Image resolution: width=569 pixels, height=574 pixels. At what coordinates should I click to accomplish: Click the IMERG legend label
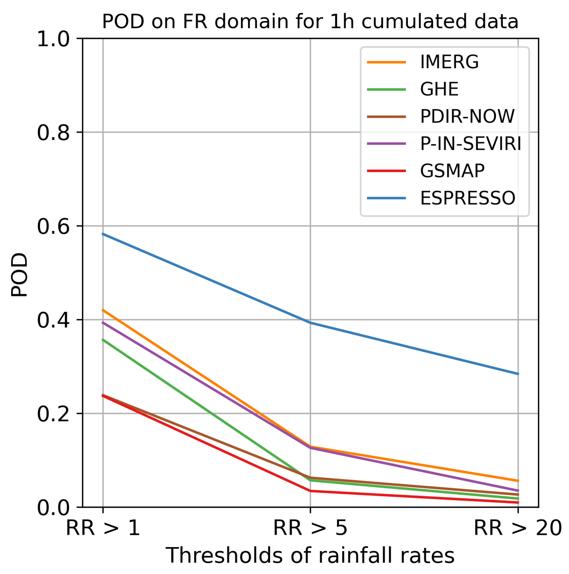click(x=449, y=62)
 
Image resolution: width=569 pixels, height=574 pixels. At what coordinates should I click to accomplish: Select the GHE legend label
click(x=439, y=89)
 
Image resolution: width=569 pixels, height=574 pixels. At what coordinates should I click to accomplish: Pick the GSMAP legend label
click(x=452, y=171)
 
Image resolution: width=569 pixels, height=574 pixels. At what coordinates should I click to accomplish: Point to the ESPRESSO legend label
click(x=467, y=198)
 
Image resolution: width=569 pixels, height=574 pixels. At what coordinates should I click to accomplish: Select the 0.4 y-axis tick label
click(x=53, y=320)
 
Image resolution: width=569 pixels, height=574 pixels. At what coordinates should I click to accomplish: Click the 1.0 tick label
click(x=53, y=39)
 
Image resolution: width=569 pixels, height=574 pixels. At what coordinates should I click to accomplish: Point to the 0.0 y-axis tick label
click(x=53, y=508)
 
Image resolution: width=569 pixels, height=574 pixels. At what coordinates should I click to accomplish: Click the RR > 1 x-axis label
click(x=103, y=528)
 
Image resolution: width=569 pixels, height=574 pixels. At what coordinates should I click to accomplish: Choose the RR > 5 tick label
click(x=310, y=528)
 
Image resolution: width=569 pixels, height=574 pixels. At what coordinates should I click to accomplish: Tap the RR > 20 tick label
click(x=518, y=528)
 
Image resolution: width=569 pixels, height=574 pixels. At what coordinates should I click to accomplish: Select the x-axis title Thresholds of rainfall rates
click(x=310, y=555)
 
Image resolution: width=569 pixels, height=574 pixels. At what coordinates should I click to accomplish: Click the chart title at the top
click(x=310, y=21)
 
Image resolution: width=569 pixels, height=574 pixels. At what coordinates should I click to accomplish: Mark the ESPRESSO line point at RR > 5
click(x=311, y=322)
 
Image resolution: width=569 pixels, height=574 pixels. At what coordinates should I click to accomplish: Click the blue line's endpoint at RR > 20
click(x=518, y=374)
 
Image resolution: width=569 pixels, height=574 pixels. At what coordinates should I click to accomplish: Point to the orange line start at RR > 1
click(x=103, y=310)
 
